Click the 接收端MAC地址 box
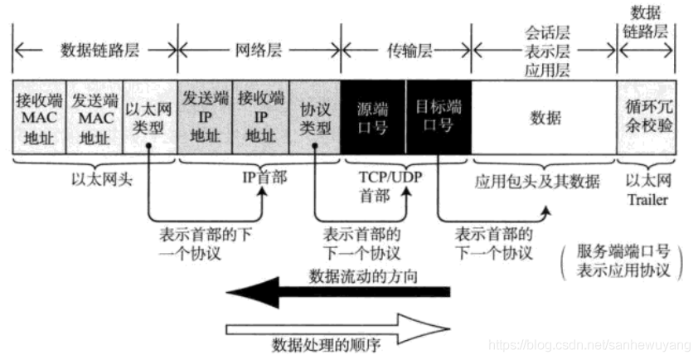37,116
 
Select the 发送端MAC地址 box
93,116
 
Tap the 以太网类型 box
149,116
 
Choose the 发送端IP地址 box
204,116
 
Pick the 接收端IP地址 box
260,116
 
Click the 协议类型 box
315,116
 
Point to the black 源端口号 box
372,116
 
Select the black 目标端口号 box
438,116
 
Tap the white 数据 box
544,116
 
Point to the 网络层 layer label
259,49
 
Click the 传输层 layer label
406,49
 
